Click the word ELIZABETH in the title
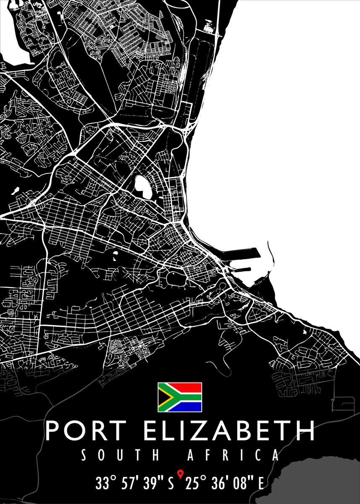229,430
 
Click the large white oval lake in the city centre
142,186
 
